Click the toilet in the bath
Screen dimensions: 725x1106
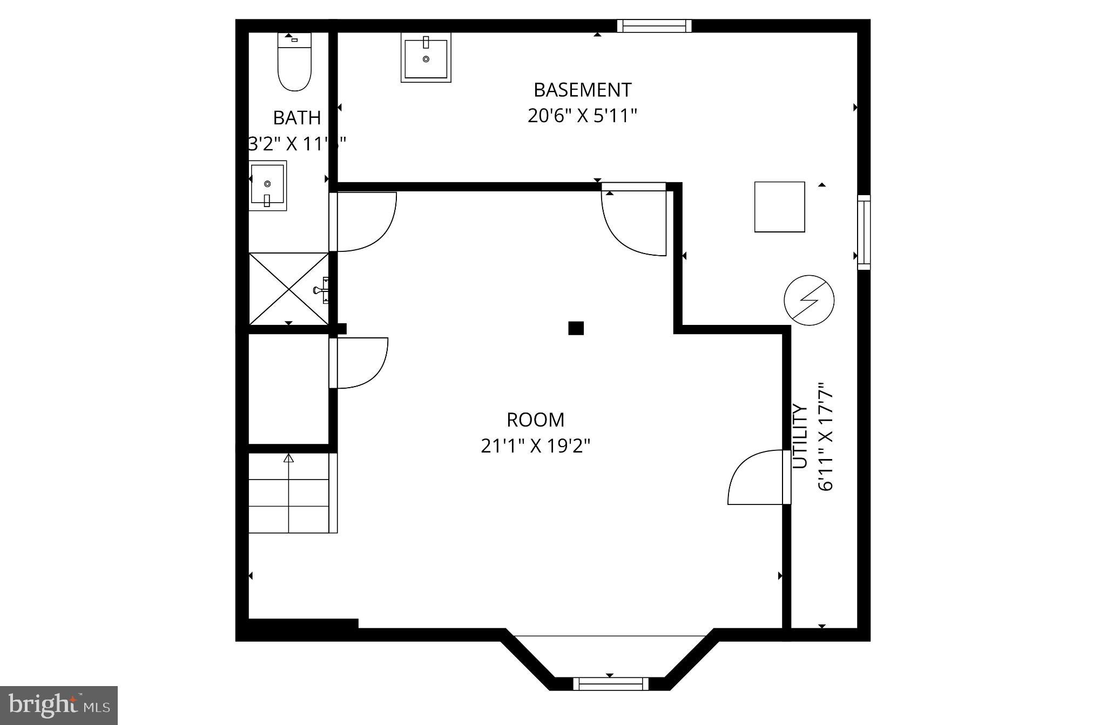coord(294,64)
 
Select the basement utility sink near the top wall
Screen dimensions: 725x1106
coord(426,57)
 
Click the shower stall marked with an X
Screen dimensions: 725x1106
coord(288,289)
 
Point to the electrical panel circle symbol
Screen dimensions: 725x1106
coord(808,300)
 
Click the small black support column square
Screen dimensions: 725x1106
coord(576,328)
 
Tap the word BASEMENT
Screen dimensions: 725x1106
coord(582,90)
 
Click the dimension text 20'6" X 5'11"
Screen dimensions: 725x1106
coord(582,116)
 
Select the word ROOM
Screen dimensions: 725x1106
coord(535,420)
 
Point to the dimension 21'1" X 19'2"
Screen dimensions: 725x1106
coord(535,446)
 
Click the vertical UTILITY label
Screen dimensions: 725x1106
coord(799,436)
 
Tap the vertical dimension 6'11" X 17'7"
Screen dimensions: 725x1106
coord(826,436)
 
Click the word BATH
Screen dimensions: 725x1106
coord(296,117)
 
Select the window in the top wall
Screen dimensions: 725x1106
coord(654,26)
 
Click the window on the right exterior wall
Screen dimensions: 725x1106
coord(864,232)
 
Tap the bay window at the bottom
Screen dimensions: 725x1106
coord(610,684)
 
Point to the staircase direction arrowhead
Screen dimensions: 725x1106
coord(289,458)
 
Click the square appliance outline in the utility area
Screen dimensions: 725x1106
coord(779,207)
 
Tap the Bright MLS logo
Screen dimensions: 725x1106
coord(59,705)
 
